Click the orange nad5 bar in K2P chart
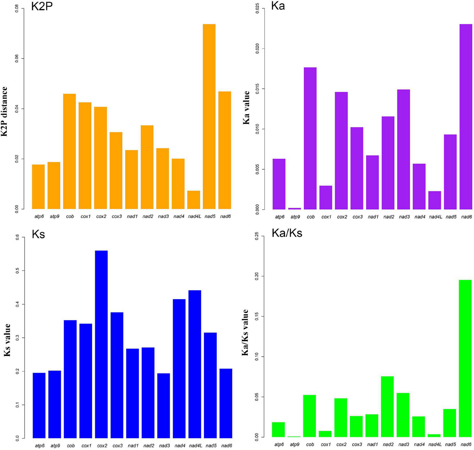pyautogui.click(x=209, y=116)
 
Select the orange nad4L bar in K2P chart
pyautogui.click(x=194, y=200)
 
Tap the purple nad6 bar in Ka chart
pyautogui.click(x=466, y=116)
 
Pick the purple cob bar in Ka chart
pyautogui.click(x=310, y=138)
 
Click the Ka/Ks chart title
pyautogui.click(x=287, y=233)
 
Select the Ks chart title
pyautogui.click(x=38, y=234)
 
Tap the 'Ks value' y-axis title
pyautogui.click(x=7, y=340)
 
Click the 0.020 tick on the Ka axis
pyautogui.click(x=257, y=48)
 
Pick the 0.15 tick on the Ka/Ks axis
pyautogui.click(x=257, y=317)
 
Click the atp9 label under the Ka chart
pyautogui.click(x=295, y=217)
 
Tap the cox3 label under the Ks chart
pyautogui.click(x=117, y=446)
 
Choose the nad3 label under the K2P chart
pyautogui.click(x=163, y=217)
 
